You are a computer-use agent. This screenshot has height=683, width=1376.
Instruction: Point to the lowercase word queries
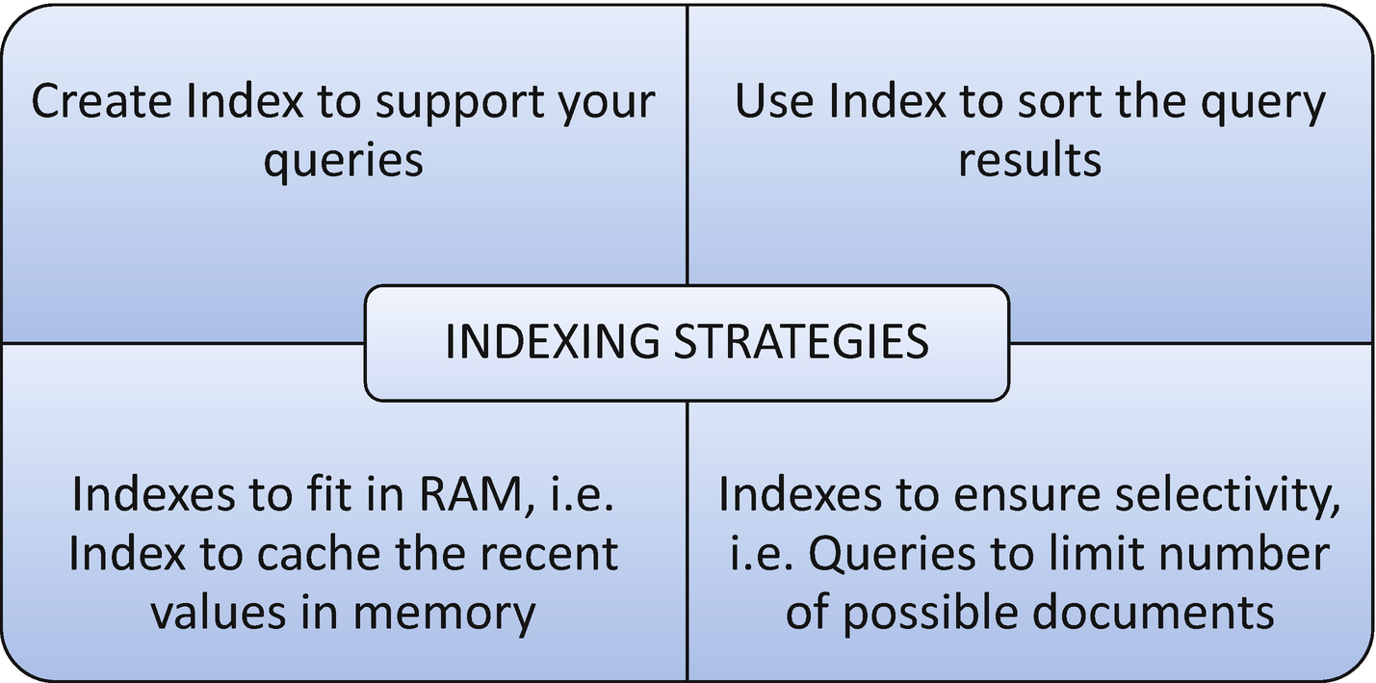pyautogui.click(x=344, y=160)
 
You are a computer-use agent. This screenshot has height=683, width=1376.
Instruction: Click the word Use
pyautogui.click(x=775, y=102)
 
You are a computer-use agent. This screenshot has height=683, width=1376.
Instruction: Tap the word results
pyautogui.click(x=1029, y=159)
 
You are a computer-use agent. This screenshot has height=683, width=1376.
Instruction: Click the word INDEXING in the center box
pyautogui.click(x=550, y=342)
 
